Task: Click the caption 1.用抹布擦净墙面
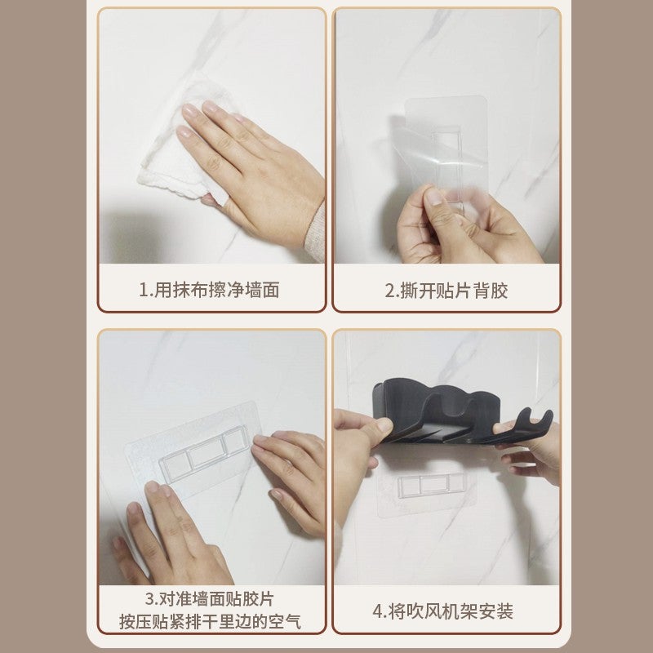point(209,290)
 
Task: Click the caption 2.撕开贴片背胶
point(446,290)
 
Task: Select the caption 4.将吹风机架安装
point(446,611)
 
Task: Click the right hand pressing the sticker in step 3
point(290,473)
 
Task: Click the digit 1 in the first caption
point(143,290)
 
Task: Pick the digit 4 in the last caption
point(378,611)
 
